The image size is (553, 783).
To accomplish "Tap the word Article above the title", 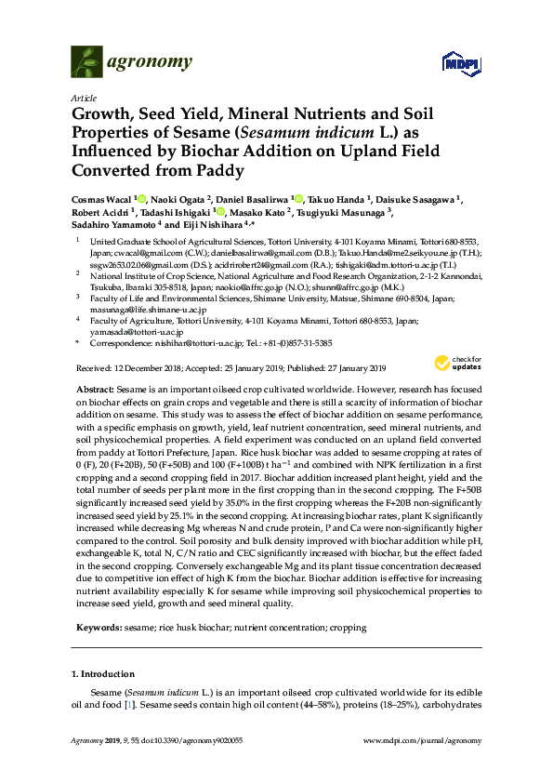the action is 82,98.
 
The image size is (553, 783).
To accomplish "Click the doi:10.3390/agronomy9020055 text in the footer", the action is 193,740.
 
